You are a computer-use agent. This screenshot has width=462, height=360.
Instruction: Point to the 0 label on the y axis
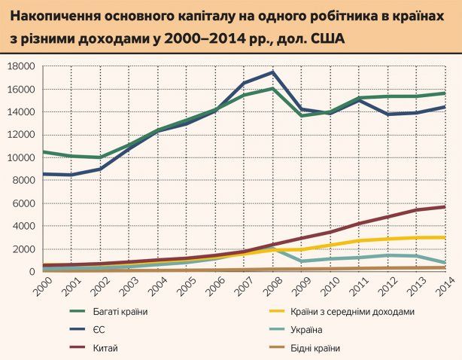pos(32,272)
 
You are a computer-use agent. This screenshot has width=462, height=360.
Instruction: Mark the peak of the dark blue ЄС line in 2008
pos(272,72)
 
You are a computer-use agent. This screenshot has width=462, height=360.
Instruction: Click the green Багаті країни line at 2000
pos(44,152)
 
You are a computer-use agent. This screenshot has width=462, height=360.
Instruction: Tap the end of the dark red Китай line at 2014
pos(445,206)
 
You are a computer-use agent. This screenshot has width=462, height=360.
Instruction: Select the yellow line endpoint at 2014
pos(445,237)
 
